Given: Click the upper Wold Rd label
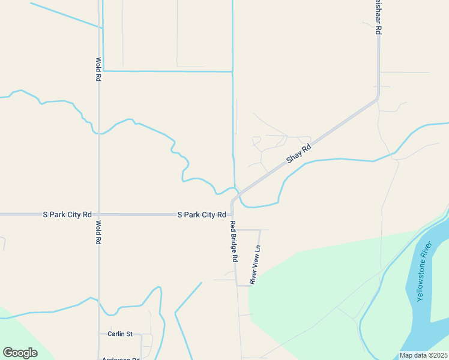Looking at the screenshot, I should (98, 70).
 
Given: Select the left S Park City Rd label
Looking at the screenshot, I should (67, 214).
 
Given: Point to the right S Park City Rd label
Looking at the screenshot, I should (201, 214).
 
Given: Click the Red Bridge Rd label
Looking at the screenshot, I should (235, 242).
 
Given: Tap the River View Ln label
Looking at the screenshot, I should (255, 264).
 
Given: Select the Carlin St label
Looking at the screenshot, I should (119, 334).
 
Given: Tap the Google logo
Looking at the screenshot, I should (20, 353).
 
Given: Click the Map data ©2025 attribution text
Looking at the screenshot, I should (423, 355).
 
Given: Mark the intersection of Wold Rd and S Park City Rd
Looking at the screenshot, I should (98, 214).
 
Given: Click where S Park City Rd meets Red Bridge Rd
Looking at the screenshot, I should (232, 214).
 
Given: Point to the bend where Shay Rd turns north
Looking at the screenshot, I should (378, 98).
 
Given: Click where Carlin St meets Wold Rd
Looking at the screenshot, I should (99, 334).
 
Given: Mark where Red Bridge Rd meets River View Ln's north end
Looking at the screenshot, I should (235, 230).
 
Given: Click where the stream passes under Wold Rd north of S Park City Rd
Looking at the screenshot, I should (98, 134).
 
